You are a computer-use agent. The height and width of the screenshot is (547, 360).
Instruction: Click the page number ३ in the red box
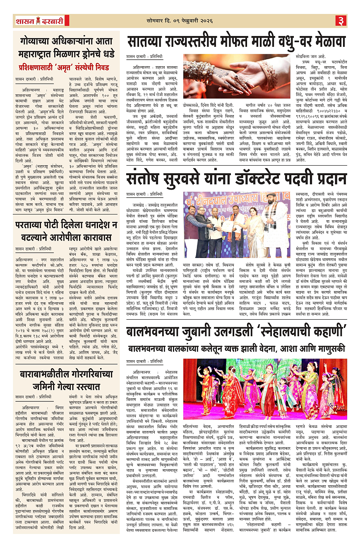click(340, 20)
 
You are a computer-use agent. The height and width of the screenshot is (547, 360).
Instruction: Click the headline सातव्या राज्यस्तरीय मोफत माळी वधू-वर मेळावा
click(236, 42)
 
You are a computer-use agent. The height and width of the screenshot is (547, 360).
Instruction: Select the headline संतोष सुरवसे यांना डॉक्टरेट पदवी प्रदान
click(236, 180)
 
